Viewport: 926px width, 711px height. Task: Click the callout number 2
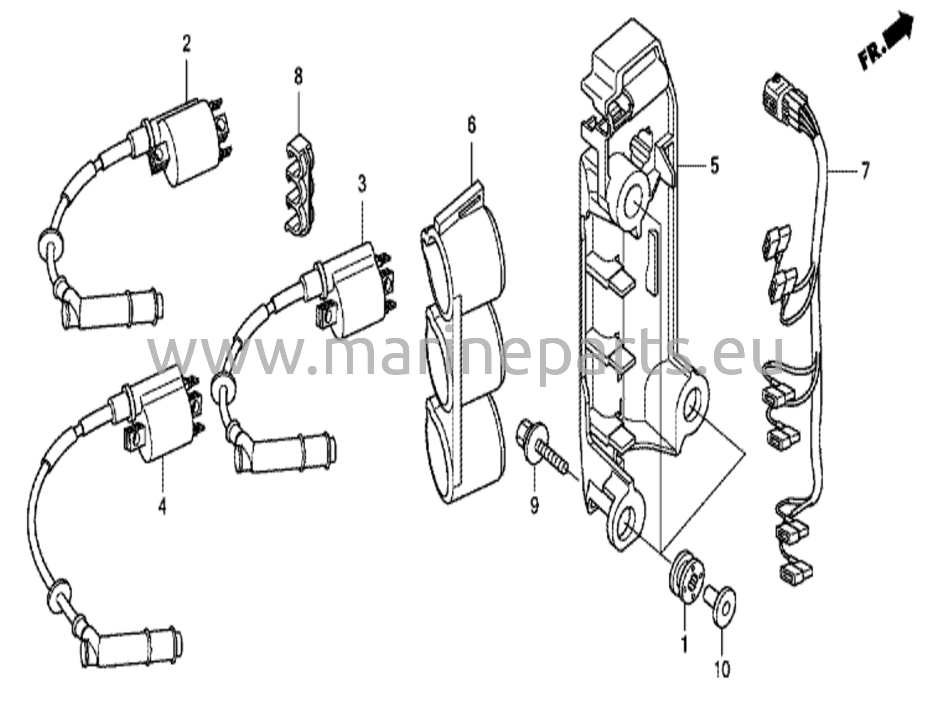click(x=186, y=45)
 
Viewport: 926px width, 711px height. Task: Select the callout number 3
click(x=362, y=185)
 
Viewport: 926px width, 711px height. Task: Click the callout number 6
click(x=472, y=126)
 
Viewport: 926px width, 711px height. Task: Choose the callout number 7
click(x=864, y=171)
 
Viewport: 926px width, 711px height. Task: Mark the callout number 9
click(x=534, y=504)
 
